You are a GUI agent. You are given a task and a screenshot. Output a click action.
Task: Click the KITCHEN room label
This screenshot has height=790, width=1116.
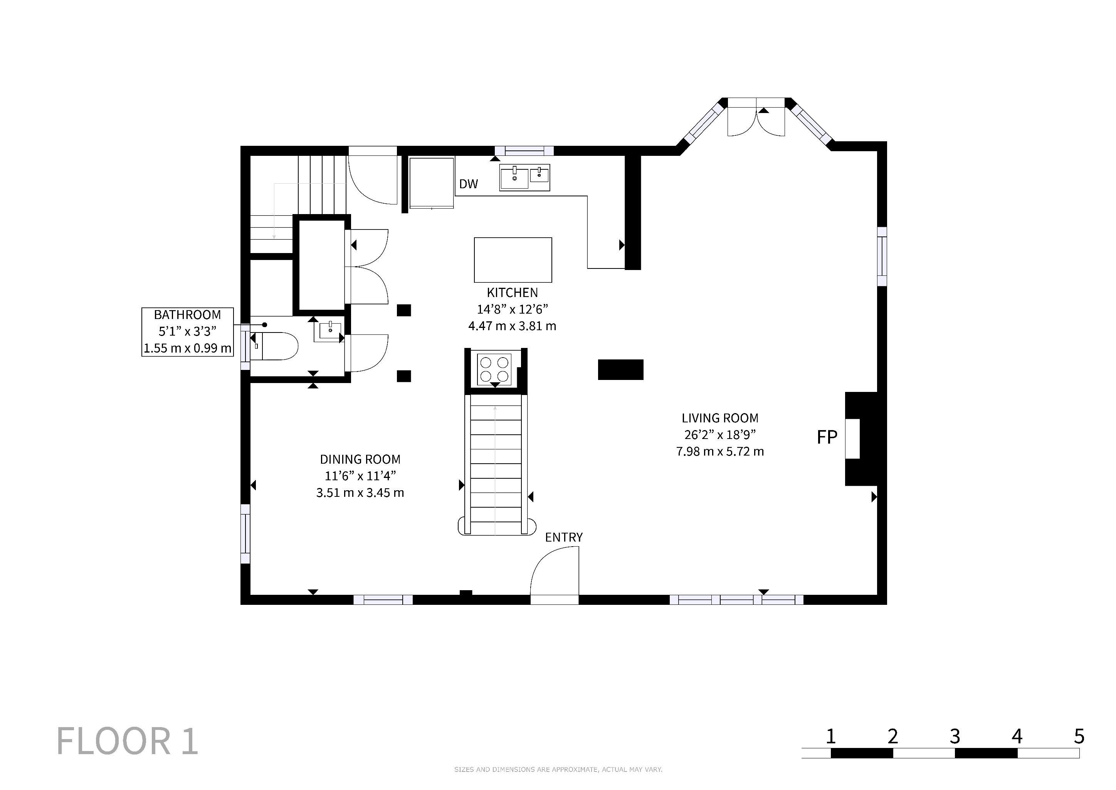click(x=512, y=292)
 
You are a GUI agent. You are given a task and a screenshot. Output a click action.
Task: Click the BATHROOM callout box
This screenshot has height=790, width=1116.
click(x=188, y=332)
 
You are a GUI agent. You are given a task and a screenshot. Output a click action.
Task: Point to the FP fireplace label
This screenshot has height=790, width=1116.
click(x=827, y=437)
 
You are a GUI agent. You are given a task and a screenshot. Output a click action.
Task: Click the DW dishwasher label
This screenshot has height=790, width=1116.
click(x=469, y=184)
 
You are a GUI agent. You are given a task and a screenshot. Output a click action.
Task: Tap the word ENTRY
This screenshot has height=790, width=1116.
click(x=564, y=537)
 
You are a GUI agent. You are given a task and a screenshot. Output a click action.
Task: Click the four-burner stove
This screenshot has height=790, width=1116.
click(x=494, y=369)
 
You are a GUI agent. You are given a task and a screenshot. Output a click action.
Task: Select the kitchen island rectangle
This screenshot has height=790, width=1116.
click(x=513, y=260)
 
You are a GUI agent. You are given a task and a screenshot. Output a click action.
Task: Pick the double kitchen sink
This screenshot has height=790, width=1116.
click(x=524, y=177)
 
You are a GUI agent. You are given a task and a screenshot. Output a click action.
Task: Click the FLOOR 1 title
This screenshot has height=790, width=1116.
click(x=127, y=741)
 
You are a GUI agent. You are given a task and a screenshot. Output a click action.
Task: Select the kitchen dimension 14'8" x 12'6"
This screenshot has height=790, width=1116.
click(x=512, y=309)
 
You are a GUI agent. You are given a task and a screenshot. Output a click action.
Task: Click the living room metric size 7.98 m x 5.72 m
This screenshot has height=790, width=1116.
click(x=720, y=451)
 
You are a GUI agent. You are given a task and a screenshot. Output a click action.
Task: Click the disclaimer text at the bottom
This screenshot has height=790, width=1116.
click(x=558, y=770)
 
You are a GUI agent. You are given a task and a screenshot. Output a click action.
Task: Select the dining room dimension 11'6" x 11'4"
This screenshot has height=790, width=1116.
click(x=360, y=476)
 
